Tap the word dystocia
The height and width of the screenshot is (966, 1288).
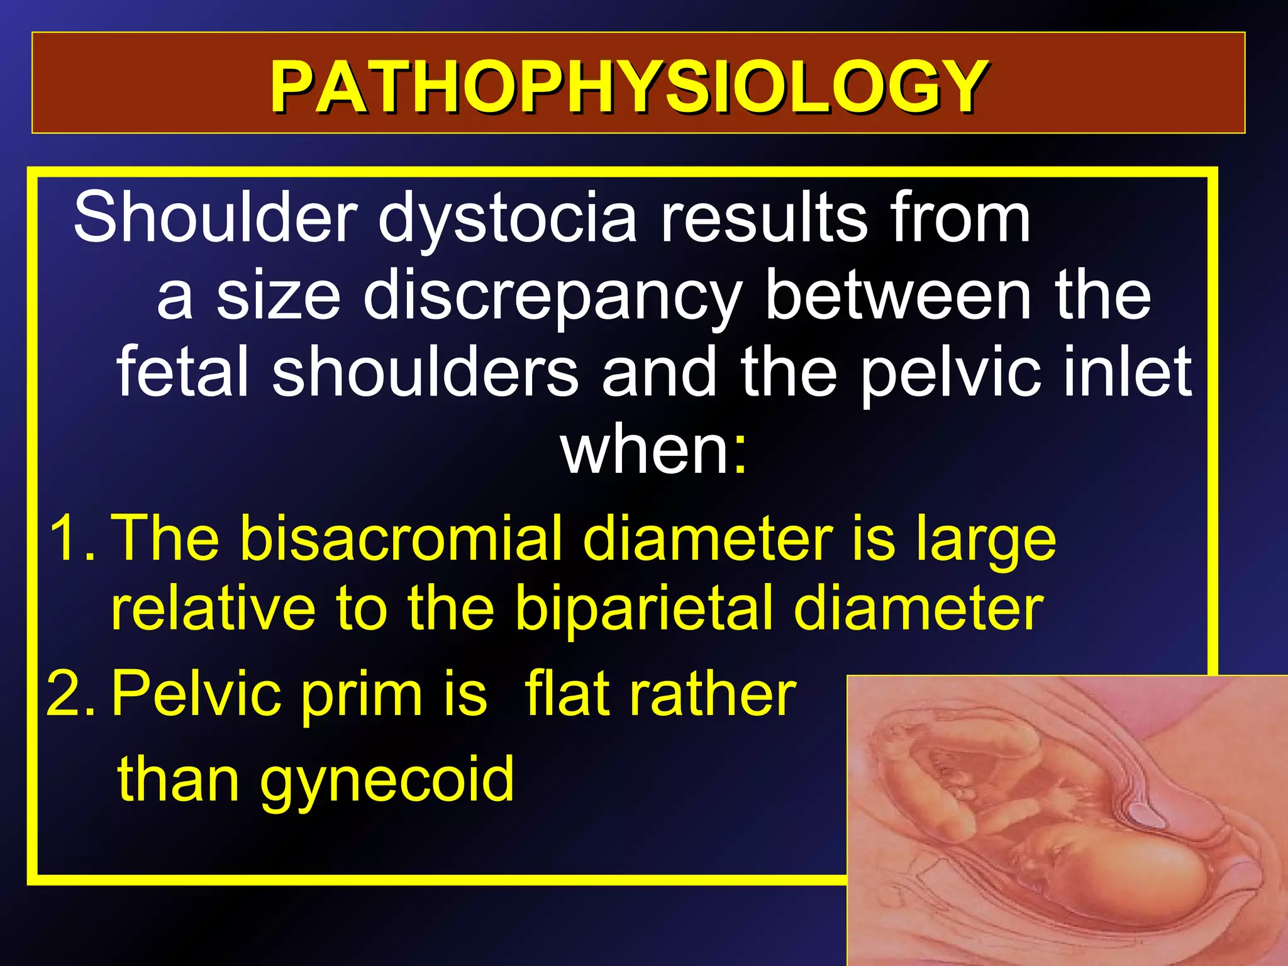(507, 218)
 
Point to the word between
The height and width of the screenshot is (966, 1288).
(899, 296)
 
